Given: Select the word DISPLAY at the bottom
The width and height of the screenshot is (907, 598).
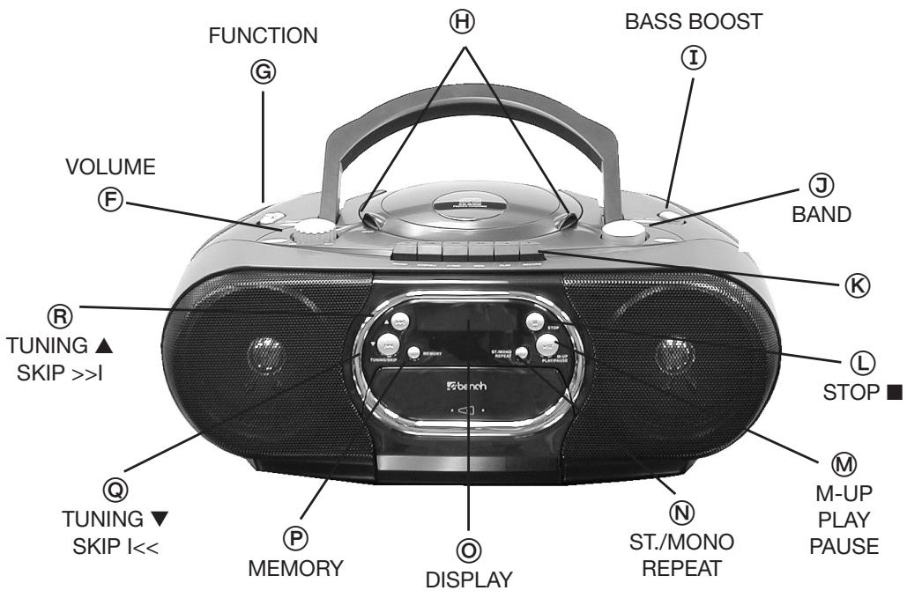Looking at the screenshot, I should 468,581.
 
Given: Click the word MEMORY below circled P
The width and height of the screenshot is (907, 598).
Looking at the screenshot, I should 295,569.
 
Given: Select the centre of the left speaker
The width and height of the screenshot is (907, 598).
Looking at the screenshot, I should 264,352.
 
